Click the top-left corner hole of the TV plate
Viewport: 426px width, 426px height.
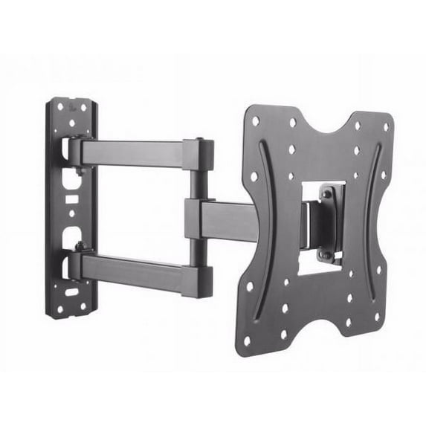coord(256,120)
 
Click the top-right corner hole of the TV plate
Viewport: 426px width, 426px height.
coord(385,127)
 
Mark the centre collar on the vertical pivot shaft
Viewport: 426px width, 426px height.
coord(195,213)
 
